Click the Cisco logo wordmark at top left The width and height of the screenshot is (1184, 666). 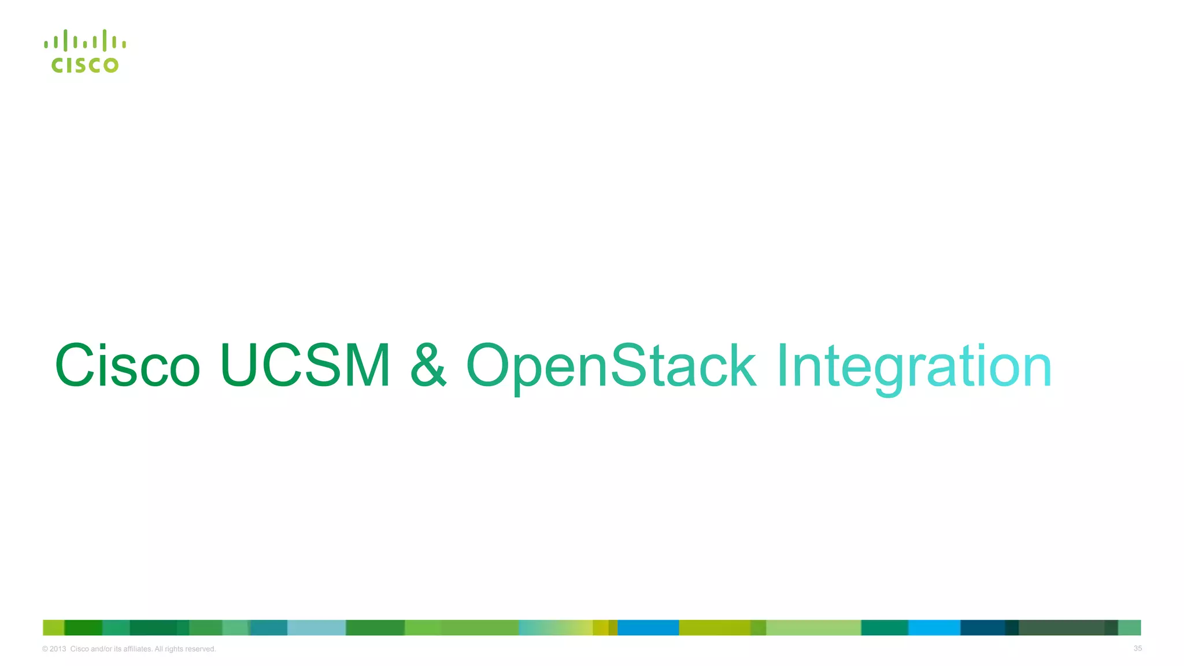(x=85, y=65)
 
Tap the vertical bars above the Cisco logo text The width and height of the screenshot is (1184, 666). (x=85, y=41)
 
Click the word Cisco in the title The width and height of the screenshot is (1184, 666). (x=127, y=365)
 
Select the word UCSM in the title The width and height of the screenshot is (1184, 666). (x=305, y=365)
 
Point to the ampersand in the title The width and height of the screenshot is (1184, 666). (x=428, y=365)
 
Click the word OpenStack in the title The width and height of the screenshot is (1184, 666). (x=611, y=367)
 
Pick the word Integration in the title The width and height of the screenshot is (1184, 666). (x=913, y=367)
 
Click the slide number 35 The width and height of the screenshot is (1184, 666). (x=1137, y=649)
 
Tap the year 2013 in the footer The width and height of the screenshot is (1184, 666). (x=58, y=649)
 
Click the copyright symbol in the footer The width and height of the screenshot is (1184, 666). (x=45, y=649)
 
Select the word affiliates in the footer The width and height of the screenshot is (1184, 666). (x=138, y=649)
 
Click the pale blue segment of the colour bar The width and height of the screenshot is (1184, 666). (x=316, y=628)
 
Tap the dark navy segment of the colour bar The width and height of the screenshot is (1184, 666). (x=982, y=628)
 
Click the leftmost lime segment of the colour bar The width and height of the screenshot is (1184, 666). (x=53, y=628)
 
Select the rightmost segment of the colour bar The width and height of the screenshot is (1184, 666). (x=1130, y=628)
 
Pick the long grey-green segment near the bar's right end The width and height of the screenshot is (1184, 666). (x=1061, y=628)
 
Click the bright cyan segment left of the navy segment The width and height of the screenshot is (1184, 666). (x=934, y=628)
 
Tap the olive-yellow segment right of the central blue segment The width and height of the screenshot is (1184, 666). (x=715, y=628)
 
